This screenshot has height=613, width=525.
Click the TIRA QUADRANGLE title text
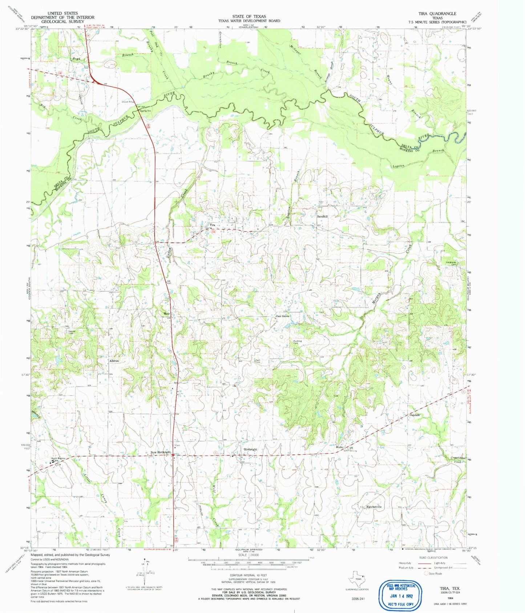(x=437, y=13)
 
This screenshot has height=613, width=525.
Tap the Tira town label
(x=213, y=225)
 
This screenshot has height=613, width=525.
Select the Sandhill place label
(x=322, y=216)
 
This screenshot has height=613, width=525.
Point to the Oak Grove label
(x=283, y=316)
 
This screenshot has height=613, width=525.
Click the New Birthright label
(x=161, y=452)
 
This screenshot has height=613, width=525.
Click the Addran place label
(x=114, y=361)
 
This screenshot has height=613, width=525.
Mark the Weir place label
(x=167, y=313)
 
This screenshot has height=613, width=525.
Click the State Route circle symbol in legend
(x=426, y=573)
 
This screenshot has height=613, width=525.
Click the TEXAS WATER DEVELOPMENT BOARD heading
(x=249, y=21)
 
